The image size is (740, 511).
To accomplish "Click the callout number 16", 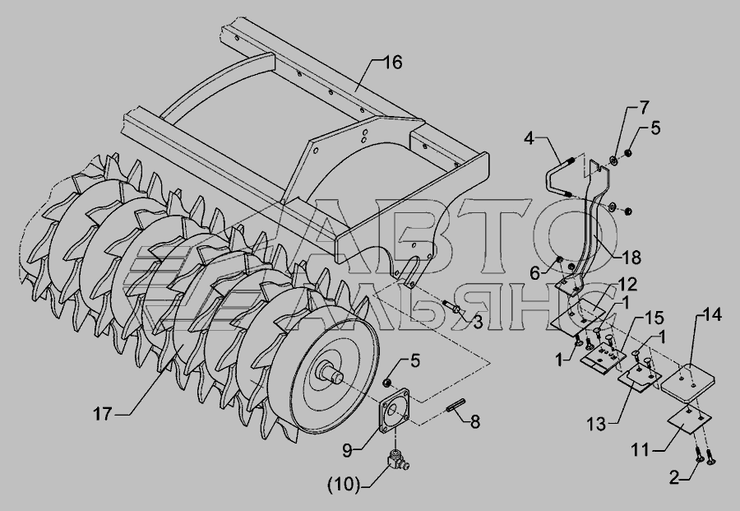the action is (392, 63).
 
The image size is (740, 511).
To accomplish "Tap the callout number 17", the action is (103, 414).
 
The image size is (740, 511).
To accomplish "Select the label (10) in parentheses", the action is (344, 485).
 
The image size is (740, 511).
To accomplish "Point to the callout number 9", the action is (347, 451).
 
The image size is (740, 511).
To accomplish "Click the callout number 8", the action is (474, 422).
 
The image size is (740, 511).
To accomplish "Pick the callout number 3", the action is (478, 323).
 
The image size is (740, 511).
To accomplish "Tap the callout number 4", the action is (529, 139).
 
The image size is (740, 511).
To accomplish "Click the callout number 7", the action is (644, 108).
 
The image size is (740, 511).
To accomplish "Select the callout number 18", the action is (631, 258).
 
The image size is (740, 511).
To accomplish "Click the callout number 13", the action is (597, 424).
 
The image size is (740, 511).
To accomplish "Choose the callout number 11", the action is (641, 450).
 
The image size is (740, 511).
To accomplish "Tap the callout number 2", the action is (675, 478).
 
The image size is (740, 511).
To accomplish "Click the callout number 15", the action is (654, 318).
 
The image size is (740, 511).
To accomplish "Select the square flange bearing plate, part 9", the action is (395, 410).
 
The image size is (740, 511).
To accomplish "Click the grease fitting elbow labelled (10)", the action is (397, 459).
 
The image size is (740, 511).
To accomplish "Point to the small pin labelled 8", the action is (456, 405).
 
